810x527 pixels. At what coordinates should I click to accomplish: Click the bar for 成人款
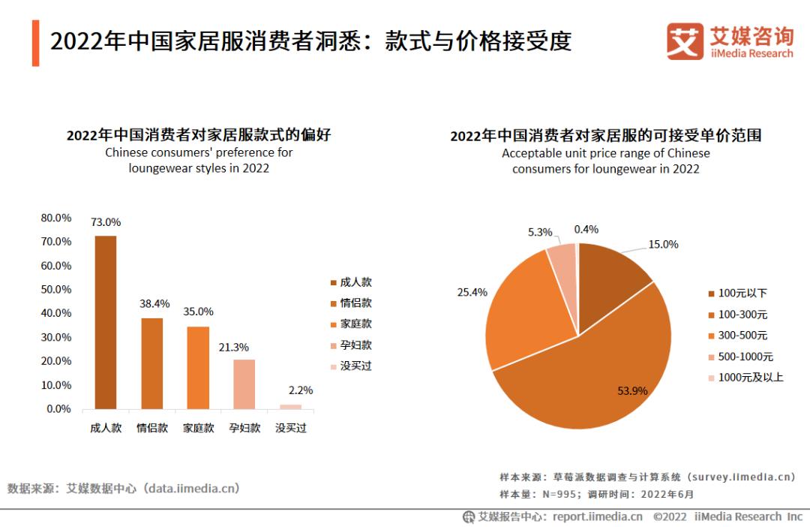click(106, 323)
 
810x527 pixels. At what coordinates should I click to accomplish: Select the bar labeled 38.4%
click(152, 363)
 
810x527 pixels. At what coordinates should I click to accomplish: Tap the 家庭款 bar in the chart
click(198, 368)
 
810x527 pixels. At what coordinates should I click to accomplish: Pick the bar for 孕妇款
click(244, 384)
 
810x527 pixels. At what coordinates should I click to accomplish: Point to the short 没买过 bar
click(291, 406)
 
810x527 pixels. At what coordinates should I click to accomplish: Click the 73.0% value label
click(106, 222)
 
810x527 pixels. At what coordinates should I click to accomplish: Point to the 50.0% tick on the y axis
click(56, 289)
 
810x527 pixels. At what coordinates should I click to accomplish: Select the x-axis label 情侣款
click(152, 428)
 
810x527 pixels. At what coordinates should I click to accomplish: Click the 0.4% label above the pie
click(586, 230)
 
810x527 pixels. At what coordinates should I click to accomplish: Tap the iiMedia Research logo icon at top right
click(685, 41)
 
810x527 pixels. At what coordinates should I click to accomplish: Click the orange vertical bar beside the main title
click(35, 44)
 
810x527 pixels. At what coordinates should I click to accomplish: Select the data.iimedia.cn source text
click(193, 488)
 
